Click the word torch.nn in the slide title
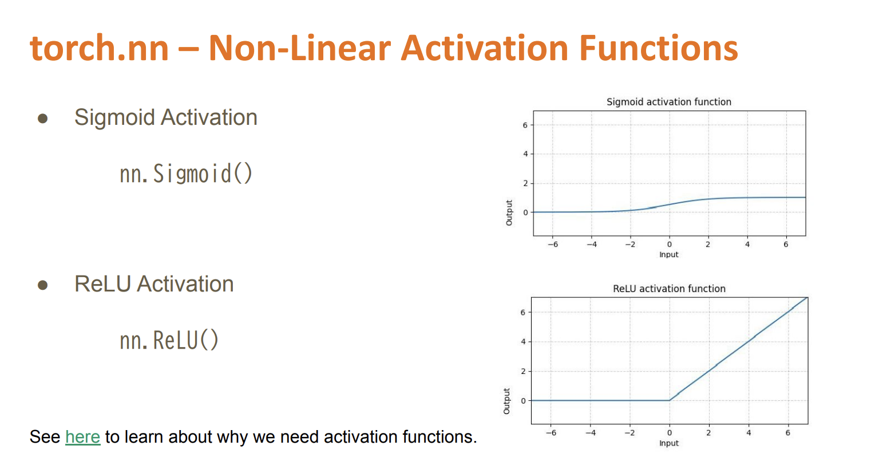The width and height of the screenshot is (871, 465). click(100, 48)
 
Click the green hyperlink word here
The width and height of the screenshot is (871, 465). click(82, 437)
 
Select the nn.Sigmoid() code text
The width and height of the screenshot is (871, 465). click(186, 174)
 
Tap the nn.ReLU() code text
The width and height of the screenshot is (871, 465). click(169, 341)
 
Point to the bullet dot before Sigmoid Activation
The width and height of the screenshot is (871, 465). click(43, 119)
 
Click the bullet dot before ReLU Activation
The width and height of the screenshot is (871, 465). click(43, 285)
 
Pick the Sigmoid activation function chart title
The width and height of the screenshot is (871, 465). click(668, 102)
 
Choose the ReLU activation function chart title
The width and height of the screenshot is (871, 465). click(669, 289)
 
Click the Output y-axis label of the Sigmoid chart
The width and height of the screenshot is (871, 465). click(509, 212)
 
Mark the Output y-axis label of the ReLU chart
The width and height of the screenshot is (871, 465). click(506, 401)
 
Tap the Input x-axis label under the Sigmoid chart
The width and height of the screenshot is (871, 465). click(668, 255)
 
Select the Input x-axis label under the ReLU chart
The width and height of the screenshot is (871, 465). click(668, 443)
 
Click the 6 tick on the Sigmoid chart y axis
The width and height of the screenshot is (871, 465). click(525, 125)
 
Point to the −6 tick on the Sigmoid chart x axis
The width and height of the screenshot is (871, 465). click(552, 245)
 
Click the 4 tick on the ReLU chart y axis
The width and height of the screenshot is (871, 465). click(522, 342)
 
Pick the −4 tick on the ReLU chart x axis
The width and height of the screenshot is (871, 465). click(590, 433)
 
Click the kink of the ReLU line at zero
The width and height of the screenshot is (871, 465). click(670, 400)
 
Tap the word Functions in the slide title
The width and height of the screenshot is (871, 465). click(658, 48)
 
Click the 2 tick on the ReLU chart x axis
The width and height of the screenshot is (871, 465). click(708, 433)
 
